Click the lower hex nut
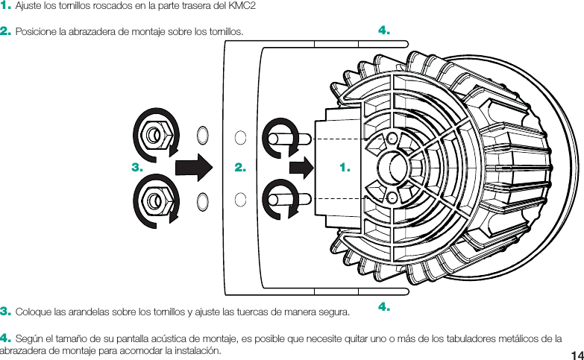pos(154,200)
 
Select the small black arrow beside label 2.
pos(301,168)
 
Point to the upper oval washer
pos(202,135)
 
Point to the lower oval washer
pos(202,200)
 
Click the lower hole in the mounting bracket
pos(240,198)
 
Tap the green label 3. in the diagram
pos(136,168)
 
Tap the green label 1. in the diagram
pos(345,168)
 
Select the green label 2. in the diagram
pos(240,168)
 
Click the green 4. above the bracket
pos(385,31)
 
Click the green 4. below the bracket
pos(385,306)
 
